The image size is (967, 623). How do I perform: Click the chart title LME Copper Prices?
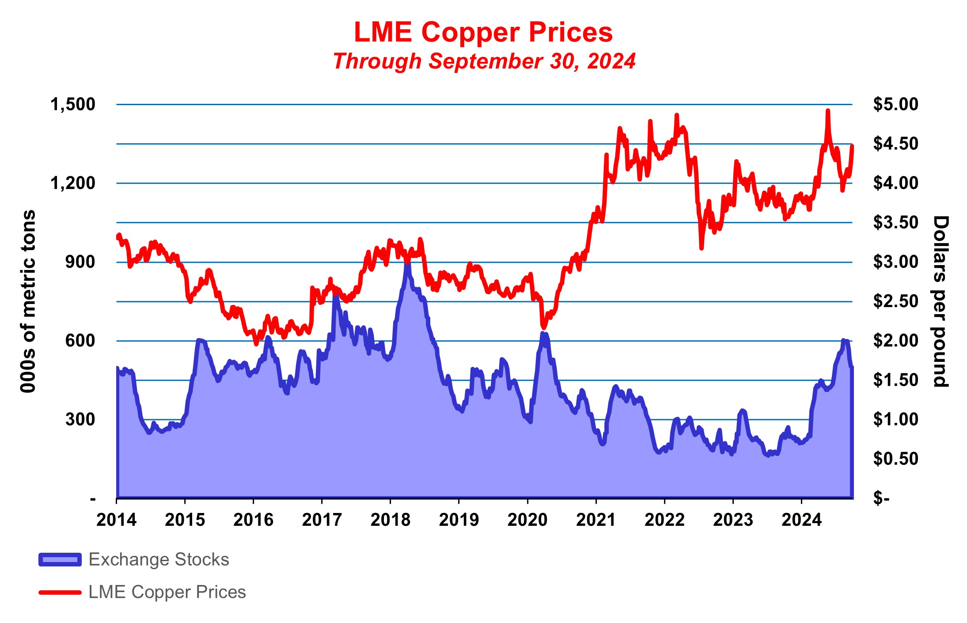click(483, 32)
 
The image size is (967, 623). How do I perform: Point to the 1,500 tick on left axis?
click(73, 105)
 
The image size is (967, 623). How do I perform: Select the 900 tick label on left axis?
click(80, 262)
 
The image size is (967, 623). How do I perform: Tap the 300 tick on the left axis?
click(80, 420)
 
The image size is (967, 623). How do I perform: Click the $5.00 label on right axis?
click(895, 105)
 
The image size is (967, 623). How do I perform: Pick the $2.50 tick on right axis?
click(895, 302)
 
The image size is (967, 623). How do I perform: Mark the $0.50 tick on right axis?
click(895, 459)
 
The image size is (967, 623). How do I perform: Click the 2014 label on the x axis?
click(117, 520)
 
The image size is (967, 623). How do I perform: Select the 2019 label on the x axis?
click(459, 520)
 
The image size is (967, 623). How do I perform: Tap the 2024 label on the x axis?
click(801, 520)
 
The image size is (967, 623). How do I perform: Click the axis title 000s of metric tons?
click(28, 301)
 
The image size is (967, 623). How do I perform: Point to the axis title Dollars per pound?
click(940, 301)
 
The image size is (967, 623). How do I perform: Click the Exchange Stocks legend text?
click(159, 560)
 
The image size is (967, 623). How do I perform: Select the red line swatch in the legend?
click(60, 593)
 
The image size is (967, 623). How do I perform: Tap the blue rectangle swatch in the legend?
click(60, 560)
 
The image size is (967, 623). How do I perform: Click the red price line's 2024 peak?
click(828, 111)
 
